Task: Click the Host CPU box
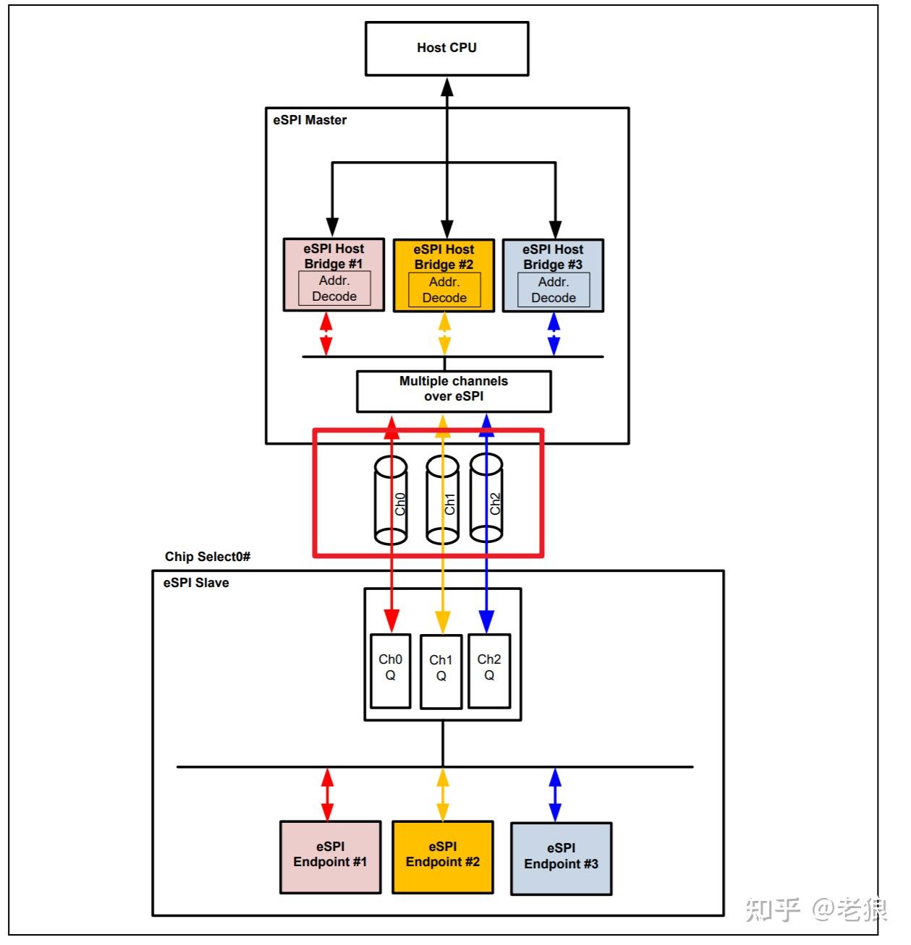(446, 48)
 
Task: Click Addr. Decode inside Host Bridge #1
(334, 288)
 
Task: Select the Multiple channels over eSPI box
(454, 390)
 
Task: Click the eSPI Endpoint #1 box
(330, 857)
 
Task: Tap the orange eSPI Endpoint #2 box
(443, 857)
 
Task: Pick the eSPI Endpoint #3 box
(561, 858)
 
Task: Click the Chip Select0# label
(208, 557)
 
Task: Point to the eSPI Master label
(310, 121)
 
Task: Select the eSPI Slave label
(196, 583)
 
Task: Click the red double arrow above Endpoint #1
(327, 794)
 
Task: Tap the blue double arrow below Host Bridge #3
(554, 334)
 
